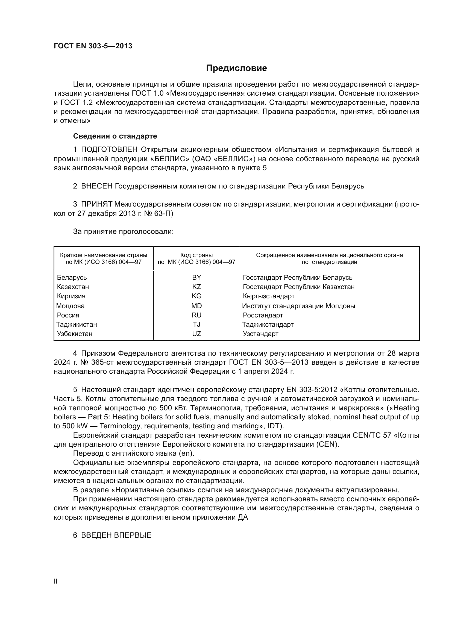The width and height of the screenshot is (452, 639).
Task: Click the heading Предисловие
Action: coord(236,68)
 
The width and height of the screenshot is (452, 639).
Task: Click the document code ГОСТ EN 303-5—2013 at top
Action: coord(93,46)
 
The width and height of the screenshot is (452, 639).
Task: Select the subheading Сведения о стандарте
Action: coord(115,136)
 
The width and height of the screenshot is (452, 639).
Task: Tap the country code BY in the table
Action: coord(196,278)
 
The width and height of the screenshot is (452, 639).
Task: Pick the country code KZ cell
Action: coord(196,287)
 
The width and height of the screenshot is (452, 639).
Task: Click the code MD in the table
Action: coord(196,306)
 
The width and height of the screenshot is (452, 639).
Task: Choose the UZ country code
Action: coord(196,334)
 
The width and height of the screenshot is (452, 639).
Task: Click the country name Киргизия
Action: coord(71,296)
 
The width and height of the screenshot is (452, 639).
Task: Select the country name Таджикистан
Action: coord(77,325)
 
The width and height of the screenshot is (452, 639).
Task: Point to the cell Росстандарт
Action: coord(263,315)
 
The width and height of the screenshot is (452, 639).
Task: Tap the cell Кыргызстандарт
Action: coord(269,296)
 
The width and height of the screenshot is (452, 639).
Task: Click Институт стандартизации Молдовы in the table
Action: coord(298,306)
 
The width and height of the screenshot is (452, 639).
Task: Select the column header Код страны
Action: coord(196,255)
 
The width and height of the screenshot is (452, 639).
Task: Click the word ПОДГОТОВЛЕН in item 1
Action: coord(109,150)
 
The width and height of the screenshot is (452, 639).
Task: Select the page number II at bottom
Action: coord(56,581)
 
